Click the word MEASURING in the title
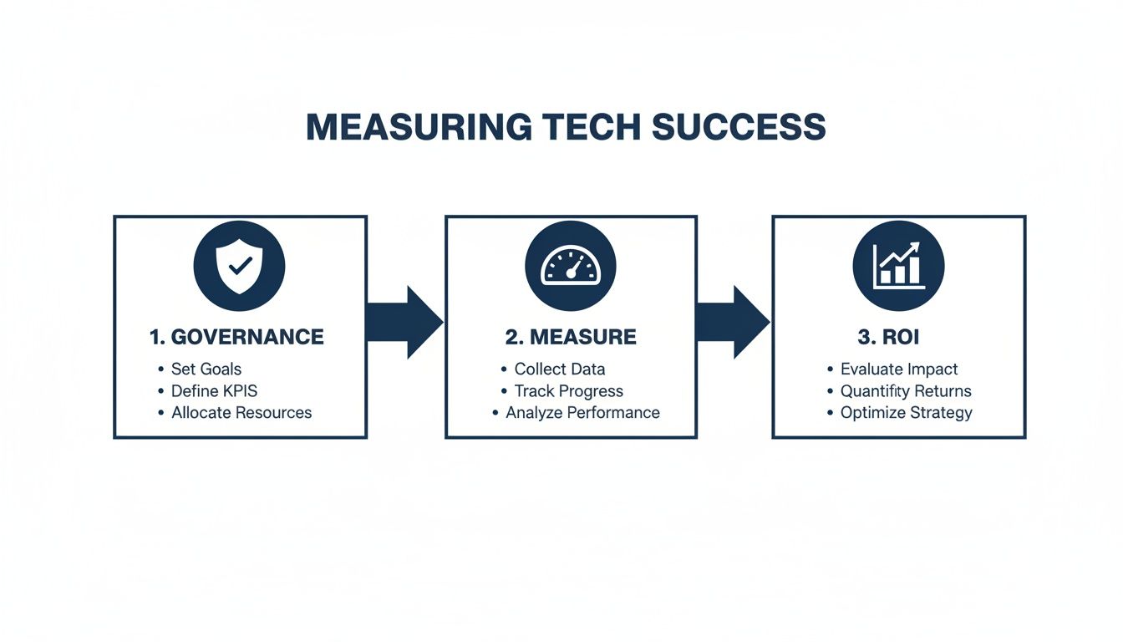click(419, 127)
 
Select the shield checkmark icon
click(240, 267)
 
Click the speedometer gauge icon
click(571, 267)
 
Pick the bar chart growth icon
click(898, 267)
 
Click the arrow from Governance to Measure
click(405, 322)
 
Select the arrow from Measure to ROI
click(733, 322)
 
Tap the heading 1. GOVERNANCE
click(236, 338)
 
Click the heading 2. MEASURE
click(571, 338)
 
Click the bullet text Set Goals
click(206, 369)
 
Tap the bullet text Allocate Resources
click(241, 412)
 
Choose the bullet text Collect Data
click(560, 369)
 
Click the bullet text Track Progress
click(569, 390)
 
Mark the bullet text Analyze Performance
click(582, 412)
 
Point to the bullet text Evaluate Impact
click(899, 369)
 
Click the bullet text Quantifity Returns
click(906, 390)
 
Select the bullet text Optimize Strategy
click(906, 412)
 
